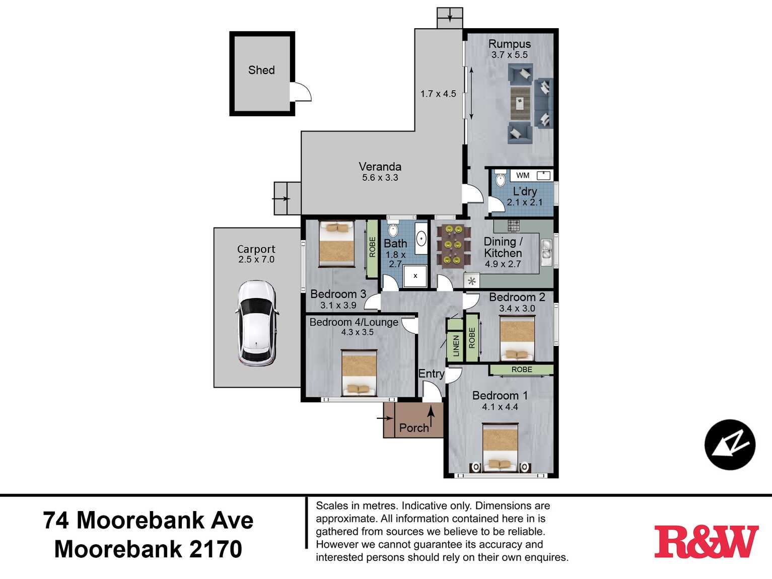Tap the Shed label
coord(261,70)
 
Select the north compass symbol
coord(730,445)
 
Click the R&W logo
coord(706,542)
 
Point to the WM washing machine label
coord(523,175)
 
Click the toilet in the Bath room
coord(392,229)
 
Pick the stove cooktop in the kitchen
coord(514,226)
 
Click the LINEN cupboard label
coord(456,345)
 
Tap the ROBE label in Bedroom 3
coord(373,247)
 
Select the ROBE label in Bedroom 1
coord(522,370)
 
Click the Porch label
coord(414,428)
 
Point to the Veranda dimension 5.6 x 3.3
coord(380,178)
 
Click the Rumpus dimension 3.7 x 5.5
coord(510,55)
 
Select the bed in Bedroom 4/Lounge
coord(359,373)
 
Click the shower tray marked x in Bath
coord(415,276)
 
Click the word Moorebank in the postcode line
coord(119,549)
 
